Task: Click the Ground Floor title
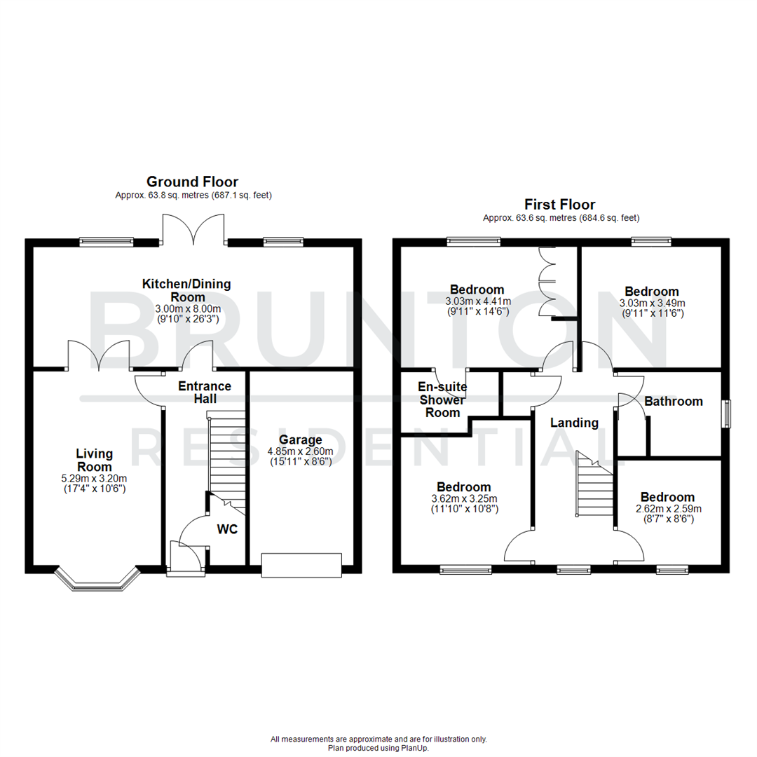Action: tap(191, 182)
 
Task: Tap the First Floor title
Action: tap(559, 205)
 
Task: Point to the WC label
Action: tap(227, 529)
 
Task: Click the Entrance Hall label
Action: tap(204, 392)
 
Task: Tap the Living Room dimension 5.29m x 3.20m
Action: tap(95, 478)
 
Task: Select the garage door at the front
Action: tap(301, 565)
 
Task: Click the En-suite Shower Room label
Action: tap(442, 400)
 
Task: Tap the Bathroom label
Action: tap(673, 402)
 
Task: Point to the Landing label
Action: tap(574, 423)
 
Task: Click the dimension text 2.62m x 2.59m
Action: tap(667, 509)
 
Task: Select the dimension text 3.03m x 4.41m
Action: tap(477, 301)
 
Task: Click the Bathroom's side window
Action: tap(727, 414)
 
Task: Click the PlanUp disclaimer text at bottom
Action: tap(378, 744)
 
